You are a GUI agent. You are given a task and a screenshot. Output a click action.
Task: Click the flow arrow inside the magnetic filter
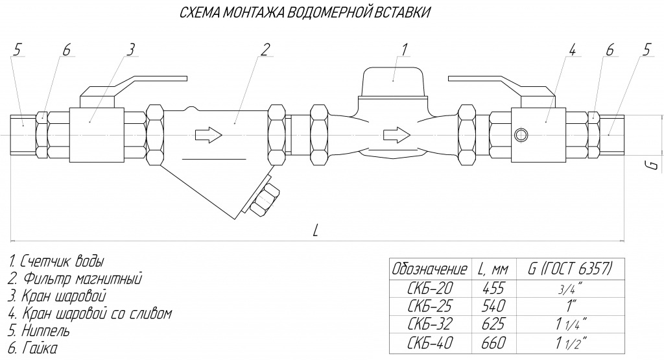(x=208, y=135)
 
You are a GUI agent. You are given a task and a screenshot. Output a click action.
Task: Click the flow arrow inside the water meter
(x=397, y=135)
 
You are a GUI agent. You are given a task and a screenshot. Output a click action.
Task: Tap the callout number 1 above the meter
(x=404, y=49)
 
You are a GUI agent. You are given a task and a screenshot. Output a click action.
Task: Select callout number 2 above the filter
(x=265, y=49)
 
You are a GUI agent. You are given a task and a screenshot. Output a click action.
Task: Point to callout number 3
(x=131, y=49)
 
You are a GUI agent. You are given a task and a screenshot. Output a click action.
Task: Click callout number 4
(x=571, y=49)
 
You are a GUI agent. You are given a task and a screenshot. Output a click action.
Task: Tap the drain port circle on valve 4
(x=520, y=135)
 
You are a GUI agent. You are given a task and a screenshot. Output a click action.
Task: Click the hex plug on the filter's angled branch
(x=265, y=199)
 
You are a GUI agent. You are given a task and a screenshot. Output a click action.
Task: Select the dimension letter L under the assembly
(x=315, y=230)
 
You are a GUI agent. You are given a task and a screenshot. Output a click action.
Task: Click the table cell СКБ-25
(x=430, y=306)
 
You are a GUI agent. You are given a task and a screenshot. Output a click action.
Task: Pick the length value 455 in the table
(x=493, y=288)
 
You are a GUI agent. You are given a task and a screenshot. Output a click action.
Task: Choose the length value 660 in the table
(x=493, y=342)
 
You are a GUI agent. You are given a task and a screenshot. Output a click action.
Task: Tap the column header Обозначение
(x=430, y=269)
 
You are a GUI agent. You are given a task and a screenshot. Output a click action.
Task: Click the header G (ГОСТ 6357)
(x=570, y=269)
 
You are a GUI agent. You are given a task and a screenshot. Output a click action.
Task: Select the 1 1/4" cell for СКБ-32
(x=571, y=324)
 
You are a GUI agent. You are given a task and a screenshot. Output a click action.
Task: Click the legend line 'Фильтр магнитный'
(x=75, y=279)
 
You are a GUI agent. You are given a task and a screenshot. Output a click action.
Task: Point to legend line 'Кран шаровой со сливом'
(x=89, y=313)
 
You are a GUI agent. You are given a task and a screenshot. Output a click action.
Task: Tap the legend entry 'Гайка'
(x=32, y=348)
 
